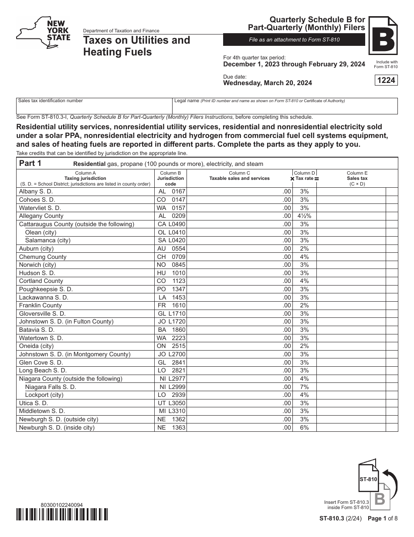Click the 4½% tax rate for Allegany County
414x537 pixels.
304,216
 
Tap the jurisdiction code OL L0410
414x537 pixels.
171,232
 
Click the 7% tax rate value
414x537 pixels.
304,387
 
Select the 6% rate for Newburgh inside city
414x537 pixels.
304,428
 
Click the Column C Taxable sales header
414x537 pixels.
239,176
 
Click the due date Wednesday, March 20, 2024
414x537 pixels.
268,83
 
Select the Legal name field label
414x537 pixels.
187,101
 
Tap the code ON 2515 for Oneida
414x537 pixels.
171,346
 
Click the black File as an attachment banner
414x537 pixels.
294,40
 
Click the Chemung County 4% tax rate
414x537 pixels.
304,257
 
